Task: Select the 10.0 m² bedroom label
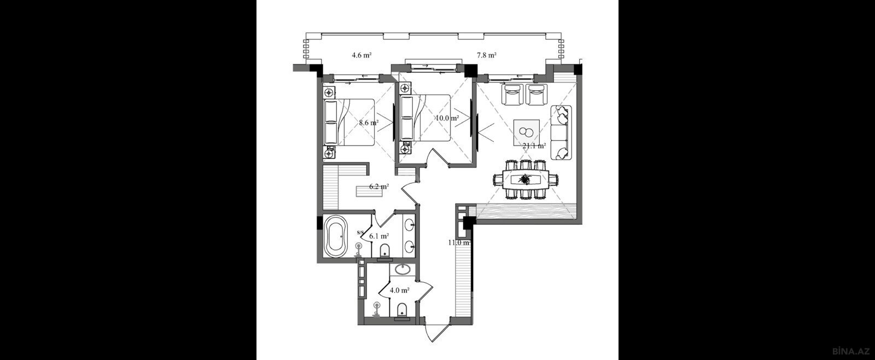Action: click(x=447, y=118)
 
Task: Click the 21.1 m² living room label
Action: click(x=534, y=146)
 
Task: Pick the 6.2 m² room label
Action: click(x=379, y=187)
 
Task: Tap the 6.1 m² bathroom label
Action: click(x=379, y=236)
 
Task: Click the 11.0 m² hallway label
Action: click(x=459, y=242)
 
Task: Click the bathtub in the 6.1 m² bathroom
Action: click(x=336, y=237)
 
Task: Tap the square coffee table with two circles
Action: click(x=527, y=132)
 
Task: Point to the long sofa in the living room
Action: click(x=561, y=132)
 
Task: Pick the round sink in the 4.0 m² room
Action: click(x=402, y=270)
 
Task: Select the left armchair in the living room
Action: click(x=512, y=95)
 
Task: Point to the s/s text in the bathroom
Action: click(x=360, y=232)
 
